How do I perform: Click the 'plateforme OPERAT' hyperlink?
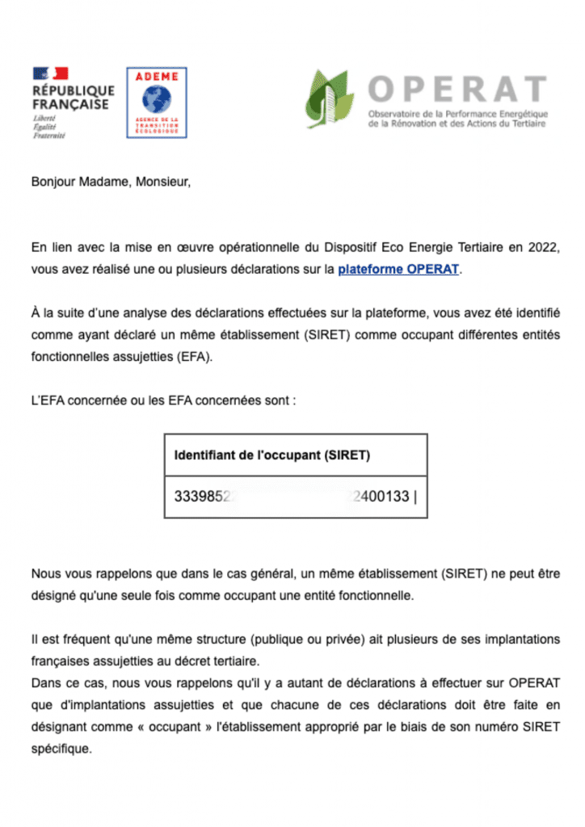pyautogui.click(x=398, y=269)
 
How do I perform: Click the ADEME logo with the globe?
pyautogui.click(x=157, y=102)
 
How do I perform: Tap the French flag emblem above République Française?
pyautogui.click(x=50, y=73)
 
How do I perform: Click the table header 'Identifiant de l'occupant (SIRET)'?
pyautogui.click(x=272, y=455)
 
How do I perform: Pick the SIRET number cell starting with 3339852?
pyautogui.click(x=295, y=497)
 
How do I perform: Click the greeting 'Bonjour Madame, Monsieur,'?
pyautogui.click(x=112, y=182)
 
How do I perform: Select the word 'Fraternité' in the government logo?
pyautogui.click(x=48, y=136)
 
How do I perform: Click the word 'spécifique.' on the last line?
pyautogui.click(x=61, y=748)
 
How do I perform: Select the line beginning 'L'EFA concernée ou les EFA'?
pyautogui.click(x=163, y=401)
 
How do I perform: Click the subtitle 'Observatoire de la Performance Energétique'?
pyautogui.click(x=457, y=113)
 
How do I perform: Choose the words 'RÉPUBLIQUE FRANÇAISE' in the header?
pyautogui.click(x=74, y=98)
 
